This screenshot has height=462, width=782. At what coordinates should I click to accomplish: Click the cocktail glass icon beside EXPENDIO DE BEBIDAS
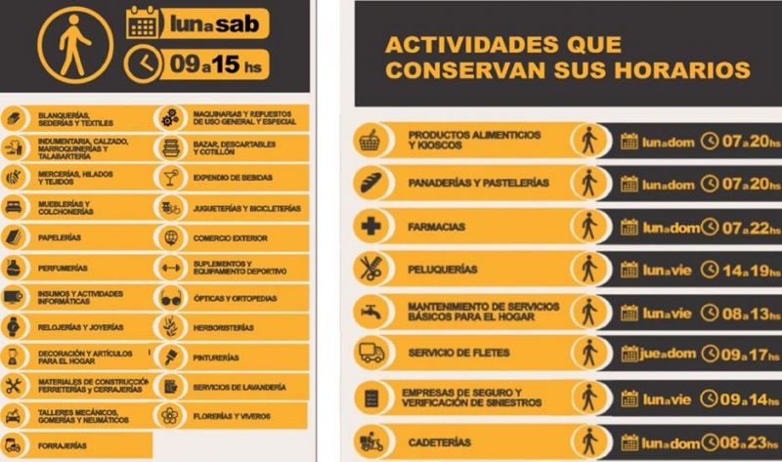click(170, 177)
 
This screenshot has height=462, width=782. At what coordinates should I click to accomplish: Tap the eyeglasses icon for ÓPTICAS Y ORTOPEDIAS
click(170, 298)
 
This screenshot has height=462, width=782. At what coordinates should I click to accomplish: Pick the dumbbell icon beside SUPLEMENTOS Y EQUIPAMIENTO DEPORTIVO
click(170, 267)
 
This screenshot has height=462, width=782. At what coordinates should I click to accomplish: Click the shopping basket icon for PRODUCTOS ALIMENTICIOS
click(369, 140)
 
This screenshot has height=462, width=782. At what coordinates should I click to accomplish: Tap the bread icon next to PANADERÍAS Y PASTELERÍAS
click(369, 183)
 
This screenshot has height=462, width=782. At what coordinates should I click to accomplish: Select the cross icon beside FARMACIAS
click(369, 227)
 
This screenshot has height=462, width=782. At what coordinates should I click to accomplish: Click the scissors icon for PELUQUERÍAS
click(369, 269)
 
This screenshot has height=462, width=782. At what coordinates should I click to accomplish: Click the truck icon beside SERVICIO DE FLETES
click(369, 353)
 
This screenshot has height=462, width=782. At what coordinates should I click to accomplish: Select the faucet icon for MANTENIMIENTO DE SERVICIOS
click(369, 312)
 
